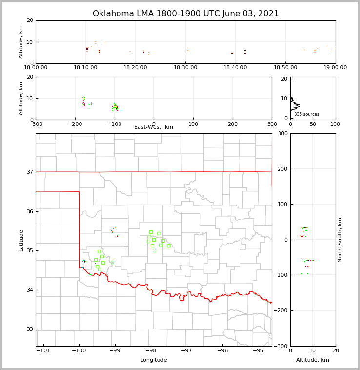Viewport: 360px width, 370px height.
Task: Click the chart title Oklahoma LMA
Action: coord(185,14)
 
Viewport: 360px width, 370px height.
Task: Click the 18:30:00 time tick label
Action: coord(185,67)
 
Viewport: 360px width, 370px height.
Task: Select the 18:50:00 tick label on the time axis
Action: coord(285,67)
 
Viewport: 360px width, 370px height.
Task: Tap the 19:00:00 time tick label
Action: coord(335,67)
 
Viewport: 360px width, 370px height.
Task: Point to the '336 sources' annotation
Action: coord(306,114)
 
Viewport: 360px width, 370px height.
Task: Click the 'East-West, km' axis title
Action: coord(154,127)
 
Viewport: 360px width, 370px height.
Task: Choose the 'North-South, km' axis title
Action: coord(340,240)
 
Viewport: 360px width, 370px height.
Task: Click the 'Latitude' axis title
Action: coord(21,240)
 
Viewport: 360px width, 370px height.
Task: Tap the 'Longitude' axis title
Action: coord(154,360)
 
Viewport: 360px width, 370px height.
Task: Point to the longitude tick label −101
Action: coord(43,350)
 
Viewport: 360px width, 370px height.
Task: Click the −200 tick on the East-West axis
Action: coord(75,124)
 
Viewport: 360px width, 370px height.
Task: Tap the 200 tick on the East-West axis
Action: coord(233,124)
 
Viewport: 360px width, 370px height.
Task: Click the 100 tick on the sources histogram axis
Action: coord(336,124)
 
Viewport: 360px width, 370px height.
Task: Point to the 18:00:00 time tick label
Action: coord(36,67)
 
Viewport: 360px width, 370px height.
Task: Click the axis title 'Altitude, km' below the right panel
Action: coord(313,360)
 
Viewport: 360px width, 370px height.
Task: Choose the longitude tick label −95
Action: coord(258,350)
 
